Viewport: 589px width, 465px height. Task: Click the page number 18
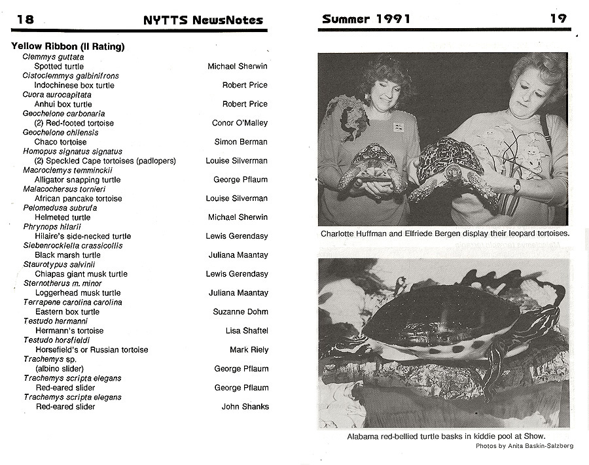[x=25, y=19]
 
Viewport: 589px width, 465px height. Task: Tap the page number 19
[x=558, y=18]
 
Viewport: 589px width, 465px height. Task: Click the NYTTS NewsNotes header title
[x=203, y=20]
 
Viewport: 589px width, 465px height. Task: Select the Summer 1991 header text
[x=366, y=19]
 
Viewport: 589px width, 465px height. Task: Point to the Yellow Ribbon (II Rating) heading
[x=68, y=46]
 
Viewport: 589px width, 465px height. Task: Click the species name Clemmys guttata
[x=53, y=57]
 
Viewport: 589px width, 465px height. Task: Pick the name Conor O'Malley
[x=240, y=123]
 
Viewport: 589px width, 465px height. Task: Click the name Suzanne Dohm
[x=240, y=312]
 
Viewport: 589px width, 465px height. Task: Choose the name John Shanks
[x=245, y=407]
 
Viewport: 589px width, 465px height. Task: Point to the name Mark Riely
[x=249, y=350]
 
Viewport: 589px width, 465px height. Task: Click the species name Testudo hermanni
[x=56, y=321]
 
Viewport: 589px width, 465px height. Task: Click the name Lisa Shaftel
[x=247, y=331]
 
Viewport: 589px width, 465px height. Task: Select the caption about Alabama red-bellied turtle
[x=446, y=436]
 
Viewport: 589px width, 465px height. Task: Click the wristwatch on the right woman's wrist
[x=516, y=186]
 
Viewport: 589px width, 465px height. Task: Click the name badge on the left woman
[x=398, y=127]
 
